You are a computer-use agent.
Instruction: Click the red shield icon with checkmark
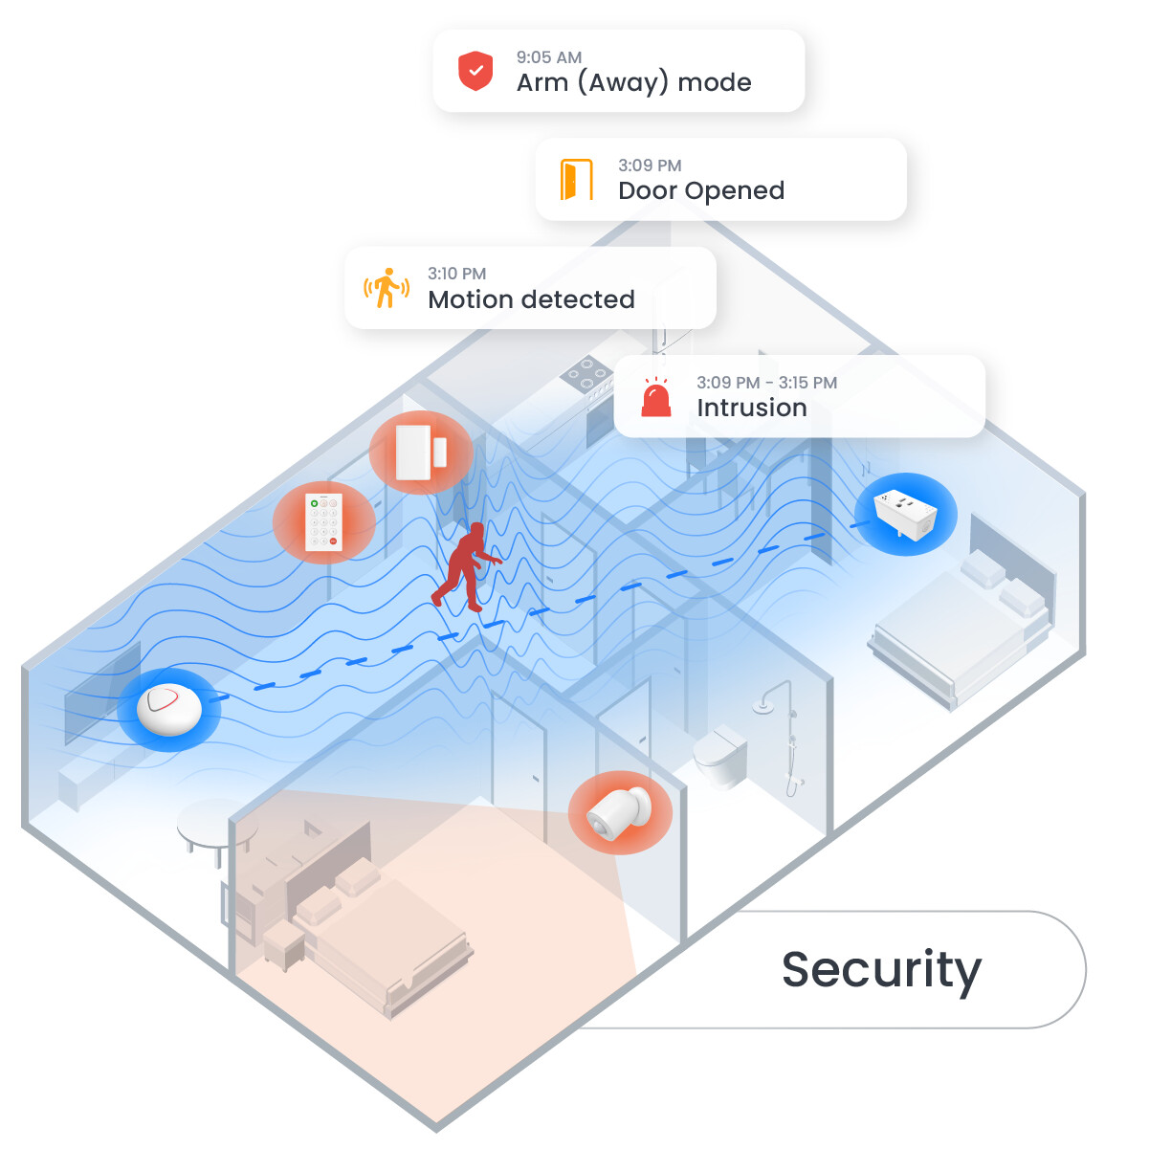[475, 71]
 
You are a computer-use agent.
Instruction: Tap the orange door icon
[576, 179]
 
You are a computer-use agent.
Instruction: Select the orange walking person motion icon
[387, 288]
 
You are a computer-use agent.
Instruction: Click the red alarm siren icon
[656, 396]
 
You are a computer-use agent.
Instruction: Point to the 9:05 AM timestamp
[548, 57]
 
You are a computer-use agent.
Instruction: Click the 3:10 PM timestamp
[456, 274]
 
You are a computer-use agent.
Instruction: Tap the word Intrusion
[752, 408]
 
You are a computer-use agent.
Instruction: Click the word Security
[881, 970]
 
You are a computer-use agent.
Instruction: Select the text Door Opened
[701, 190]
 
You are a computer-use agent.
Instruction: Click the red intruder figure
[467, 567]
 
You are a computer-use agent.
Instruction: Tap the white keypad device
[323, 522]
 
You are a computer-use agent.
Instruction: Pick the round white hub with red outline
[168, 709]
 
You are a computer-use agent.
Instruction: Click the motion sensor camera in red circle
[620, 812]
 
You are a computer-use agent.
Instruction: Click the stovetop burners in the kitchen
[586, 373]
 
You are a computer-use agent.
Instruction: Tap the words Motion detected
[531, 299]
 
